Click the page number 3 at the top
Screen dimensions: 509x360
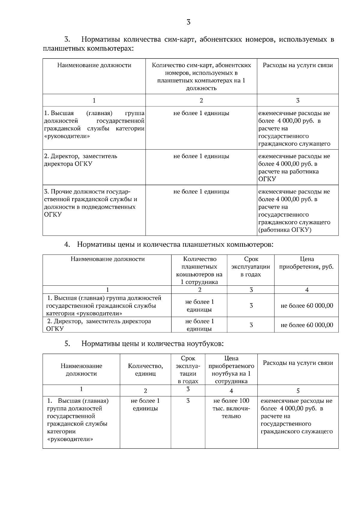[x=188, y=22]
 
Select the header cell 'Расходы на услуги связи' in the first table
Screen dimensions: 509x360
[x=298, y=65]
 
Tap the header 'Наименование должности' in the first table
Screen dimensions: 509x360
[x=94, y=65]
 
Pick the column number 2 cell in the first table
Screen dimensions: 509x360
[x=201, y=100]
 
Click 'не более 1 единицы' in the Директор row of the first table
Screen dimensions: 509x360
[x=201, y=156]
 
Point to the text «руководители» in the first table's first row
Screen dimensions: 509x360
[x=67, y=136]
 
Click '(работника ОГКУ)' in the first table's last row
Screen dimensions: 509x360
[x=285, y=230]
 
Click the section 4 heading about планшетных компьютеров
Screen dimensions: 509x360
[x=175, y=244]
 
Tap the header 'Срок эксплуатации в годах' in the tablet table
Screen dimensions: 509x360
[x=251, y=267]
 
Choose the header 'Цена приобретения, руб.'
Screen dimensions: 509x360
[x=306, y=263]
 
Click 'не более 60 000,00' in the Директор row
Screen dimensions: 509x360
[x=307, y=325]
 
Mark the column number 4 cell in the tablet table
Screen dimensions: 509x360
[x=307, y=290]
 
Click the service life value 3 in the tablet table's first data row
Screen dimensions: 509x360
[x=251, y=306]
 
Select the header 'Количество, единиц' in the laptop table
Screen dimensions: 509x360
[x=145, y=370]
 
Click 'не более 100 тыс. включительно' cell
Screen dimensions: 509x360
[x=231, y=408]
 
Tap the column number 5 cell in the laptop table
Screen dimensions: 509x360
[x=298, y=391]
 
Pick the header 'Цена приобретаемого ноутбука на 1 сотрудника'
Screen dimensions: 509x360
[x=231, y=370]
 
